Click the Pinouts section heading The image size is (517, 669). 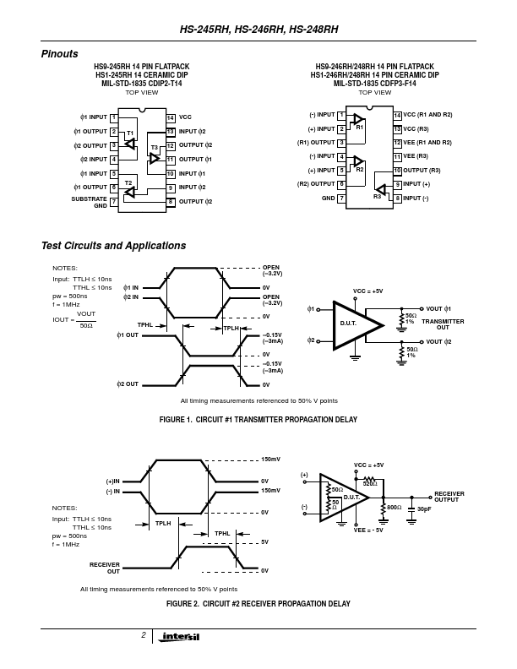tap(59, 54)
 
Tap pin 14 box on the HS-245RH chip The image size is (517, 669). tap(171, 117)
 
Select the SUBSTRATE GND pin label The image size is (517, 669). tap(90, 202)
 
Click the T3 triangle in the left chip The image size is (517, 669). tap(155, 158)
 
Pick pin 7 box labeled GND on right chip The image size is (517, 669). tap(340, 198)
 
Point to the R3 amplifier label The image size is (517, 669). tap(377, 196)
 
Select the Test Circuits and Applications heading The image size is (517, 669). tap(113, 246)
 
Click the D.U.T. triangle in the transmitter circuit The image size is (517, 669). tap(351, 324)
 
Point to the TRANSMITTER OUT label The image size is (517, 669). tap(443, 324)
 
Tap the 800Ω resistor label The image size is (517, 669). tap(394, 508)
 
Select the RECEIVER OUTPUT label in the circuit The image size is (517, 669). tap(449, 497)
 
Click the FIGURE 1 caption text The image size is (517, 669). tap(258, 420)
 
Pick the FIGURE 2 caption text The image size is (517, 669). tap(258, 603)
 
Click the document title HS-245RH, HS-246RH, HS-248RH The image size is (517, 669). tap(258, 29)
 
